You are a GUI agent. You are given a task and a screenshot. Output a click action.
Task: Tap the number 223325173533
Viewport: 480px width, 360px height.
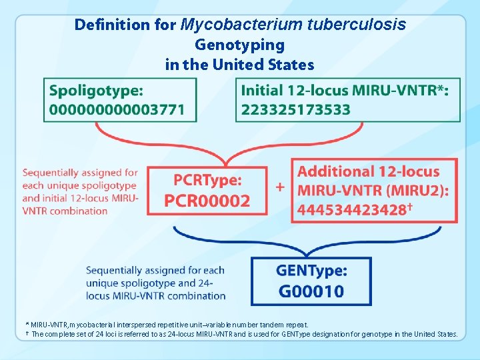[295, 109]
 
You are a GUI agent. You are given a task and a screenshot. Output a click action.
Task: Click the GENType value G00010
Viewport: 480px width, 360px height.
[311, 291]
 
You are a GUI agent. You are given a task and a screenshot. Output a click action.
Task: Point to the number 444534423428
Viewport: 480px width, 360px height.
[351, 210]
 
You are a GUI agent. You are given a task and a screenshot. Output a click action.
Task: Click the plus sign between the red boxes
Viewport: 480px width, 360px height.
[280, 187]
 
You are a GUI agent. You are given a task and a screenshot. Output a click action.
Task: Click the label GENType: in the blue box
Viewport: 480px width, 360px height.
[311, 270]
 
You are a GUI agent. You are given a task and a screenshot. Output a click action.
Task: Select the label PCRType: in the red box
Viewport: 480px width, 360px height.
[208, 180]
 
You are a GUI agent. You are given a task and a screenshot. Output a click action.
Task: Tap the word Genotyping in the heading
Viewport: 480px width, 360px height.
[239, 45]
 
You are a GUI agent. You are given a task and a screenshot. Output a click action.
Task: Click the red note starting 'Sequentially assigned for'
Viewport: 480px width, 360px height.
[81, 192]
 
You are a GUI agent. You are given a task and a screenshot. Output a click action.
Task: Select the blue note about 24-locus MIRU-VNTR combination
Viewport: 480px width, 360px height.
[155, 283]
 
